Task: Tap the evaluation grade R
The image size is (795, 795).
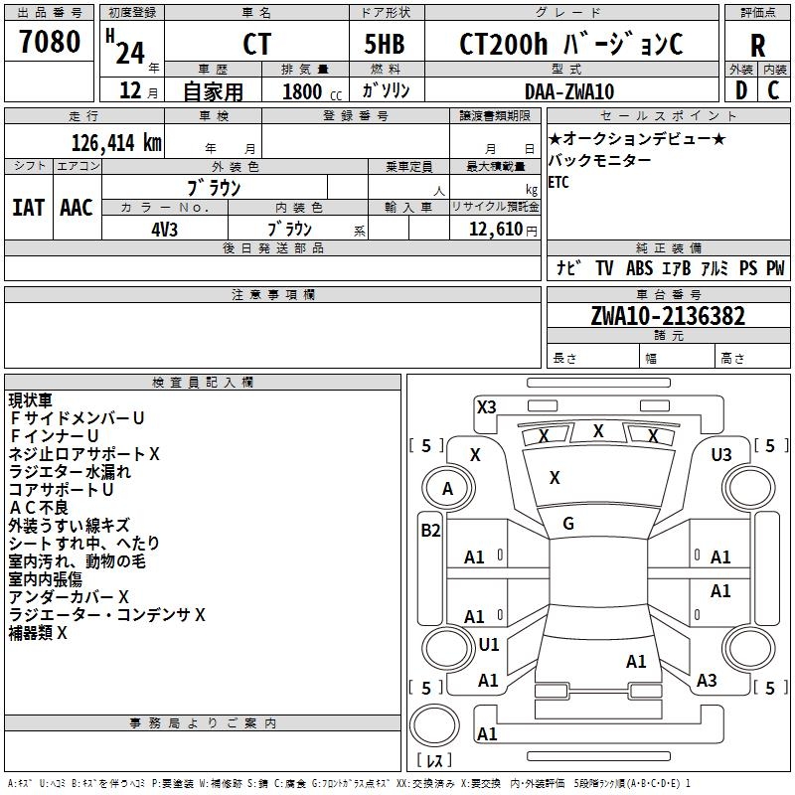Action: click(x=757, y=46)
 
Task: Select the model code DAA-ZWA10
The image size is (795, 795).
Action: click(x=568, y=91)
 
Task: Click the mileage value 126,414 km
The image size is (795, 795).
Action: click(x=115, y=143)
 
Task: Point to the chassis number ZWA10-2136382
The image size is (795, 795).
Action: click(x=667, y=316)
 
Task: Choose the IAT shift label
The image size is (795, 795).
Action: click(x=27, y=208)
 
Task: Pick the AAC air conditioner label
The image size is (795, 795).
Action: click(x=76, y=208)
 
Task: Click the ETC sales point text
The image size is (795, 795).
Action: click(x=558, y=183)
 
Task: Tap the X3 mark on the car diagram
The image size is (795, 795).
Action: click(x=486, y=406)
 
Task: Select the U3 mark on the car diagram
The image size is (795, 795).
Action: click(x=721, y=454)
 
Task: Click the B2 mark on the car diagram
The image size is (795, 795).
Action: click(x=429, y=531)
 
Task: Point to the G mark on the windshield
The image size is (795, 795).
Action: click(x=568, y=524)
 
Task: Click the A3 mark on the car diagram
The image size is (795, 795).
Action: click(x=707, y=681)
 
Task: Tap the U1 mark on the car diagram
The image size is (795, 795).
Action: click(x=488, y=645)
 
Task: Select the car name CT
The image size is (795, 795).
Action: click(x=256, y=46)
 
